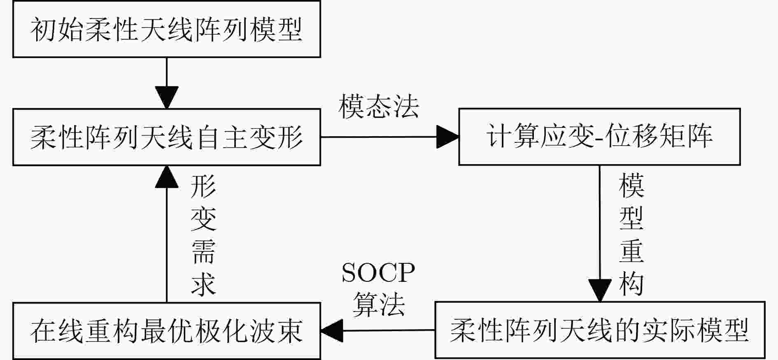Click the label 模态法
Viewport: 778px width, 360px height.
coord(378,107)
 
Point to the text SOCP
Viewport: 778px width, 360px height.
coord(378,272)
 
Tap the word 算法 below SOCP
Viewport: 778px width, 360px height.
coord(378,304)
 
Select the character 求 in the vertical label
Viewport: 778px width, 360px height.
coord(203,283)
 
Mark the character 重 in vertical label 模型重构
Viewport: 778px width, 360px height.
coord(631,251)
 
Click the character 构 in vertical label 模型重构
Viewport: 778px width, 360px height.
coord(631,283)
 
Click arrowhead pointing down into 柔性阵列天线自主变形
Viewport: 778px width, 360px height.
coord(167,98)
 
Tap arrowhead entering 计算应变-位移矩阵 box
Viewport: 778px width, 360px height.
coord(447,137)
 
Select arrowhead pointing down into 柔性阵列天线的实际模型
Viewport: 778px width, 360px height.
coord(600,290)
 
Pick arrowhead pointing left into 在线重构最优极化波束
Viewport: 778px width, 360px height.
coord(332,330)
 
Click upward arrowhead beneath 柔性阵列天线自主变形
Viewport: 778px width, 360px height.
coord(167,177)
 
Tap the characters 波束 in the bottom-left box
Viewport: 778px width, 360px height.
coord(276,331)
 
